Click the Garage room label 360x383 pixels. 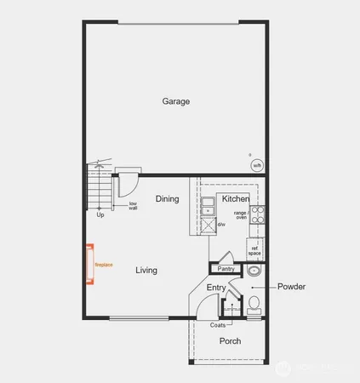click(176, 101)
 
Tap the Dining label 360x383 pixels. click(167, 199)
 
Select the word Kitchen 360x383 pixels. click(236, 199)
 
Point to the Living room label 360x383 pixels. click(146, 271)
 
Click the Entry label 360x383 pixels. click(216, 289)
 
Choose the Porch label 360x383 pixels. click(230, 341)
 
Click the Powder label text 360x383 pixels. click(291, 287)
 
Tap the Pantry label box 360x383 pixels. click(226, 269)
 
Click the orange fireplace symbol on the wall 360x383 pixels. click(89, 265)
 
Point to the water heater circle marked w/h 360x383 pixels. click(257, 165)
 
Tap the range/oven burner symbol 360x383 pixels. click(257, 213)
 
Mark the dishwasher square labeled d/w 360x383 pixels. click(208, 225)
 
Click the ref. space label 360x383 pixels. click(254, 251)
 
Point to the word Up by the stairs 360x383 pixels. click(100, 215)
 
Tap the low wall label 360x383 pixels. click(134, 205)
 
